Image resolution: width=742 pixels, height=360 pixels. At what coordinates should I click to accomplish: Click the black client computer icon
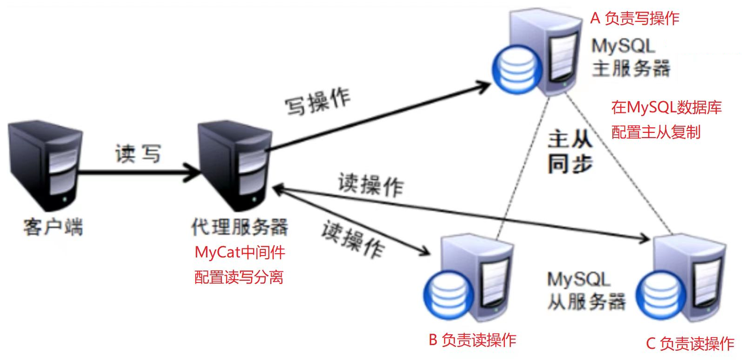45,166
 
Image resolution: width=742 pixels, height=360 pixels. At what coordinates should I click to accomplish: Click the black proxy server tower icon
234,166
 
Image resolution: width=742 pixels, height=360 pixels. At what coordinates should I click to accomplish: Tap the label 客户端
53,227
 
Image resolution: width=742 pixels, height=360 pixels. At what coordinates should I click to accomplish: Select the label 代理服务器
240,227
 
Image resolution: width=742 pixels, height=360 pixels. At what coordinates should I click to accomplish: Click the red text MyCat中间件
240,252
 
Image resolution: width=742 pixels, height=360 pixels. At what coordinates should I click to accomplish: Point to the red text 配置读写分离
239,277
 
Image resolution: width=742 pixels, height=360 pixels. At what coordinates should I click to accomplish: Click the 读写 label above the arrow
137,153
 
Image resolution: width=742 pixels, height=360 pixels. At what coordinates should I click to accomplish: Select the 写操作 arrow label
318,101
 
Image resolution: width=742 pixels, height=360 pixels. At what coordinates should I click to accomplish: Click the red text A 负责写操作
634,18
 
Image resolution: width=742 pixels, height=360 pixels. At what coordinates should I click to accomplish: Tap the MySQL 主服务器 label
630,57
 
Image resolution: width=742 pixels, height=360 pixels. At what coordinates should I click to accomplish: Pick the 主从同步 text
570,152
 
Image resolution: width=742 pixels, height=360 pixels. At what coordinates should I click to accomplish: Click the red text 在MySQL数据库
666,107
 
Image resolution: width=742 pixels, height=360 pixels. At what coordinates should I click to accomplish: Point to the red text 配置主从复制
655,132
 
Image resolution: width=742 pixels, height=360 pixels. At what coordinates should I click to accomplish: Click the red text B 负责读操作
472,339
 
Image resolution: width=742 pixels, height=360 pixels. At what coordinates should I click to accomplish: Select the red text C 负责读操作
690,344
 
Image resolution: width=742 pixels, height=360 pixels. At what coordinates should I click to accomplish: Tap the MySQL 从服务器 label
585,291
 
